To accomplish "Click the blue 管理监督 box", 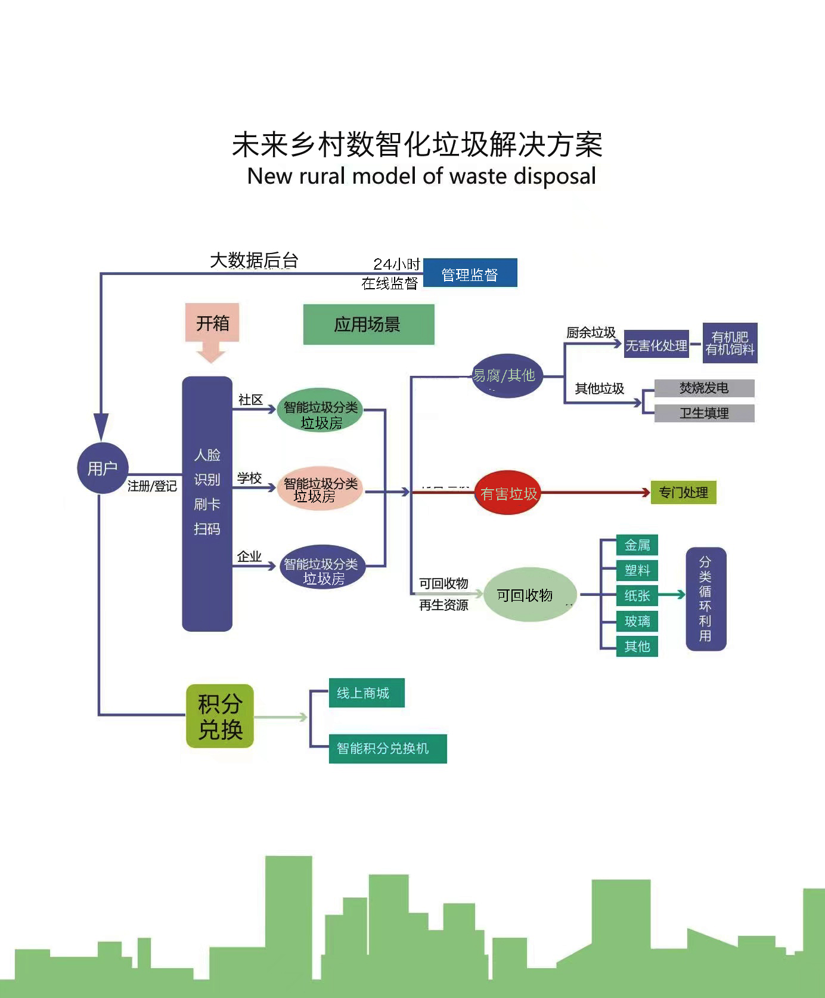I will tap(470, 273).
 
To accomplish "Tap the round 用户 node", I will tap(103, 468).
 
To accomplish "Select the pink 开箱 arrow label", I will tap(212, 323).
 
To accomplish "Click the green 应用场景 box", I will tap(368, 325).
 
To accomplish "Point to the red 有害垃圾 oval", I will tap(508, 493).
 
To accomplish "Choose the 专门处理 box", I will tap(683, 493).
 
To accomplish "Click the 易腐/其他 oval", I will tap(506, 376).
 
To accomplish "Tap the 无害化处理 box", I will tap(656, 345).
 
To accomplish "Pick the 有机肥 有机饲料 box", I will tap(730, 343).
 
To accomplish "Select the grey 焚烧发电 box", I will tap(704, 388).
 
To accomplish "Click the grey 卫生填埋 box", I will tap(704, 413).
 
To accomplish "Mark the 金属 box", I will tap(637, 545).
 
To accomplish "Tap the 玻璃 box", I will tap(637, 621).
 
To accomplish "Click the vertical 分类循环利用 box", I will tap(706, 599).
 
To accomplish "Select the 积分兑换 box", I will tap(220, 716).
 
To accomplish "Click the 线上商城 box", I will tap(366, 693).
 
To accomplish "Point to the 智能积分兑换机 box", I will tap(387, 749).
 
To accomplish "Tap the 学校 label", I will tap(249, 478).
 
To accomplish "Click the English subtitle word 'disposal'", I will tap(554, 177).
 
